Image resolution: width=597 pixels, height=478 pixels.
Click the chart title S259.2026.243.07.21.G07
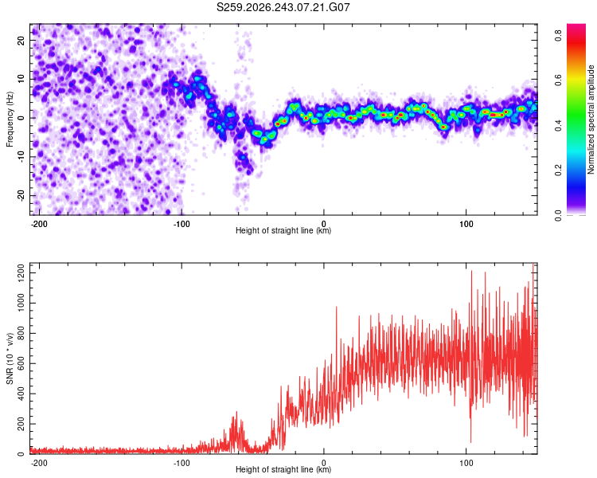tap(283, 7)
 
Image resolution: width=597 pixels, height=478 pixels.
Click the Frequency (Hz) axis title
tap(10, 119)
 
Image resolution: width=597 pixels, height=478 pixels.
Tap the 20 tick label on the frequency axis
tap(21, 41)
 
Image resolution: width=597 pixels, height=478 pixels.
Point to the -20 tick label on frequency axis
tap(21, 196)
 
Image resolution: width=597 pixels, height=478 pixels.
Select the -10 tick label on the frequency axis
tap(21, 157)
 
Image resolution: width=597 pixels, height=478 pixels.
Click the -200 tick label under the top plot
tap(39, 224)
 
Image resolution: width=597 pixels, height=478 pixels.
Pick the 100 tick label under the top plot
tap(466, 224)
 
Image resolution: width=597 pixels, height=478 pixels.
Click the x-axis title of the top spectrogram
tap(283, 230)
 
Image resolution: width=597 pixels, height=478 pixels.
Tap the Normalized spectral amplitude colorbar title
tap(591, 119)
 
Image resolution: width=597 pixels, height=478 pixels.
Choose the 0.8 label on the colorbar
tap(558, 36)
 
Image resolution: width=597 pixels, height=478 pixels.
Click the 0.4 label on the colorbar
tap(558, 125)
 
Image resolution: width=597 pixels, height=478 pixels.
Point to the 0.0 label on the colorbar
tap(558, 215)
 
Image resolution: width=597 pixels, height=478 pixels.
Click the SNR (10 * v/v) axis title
tap(10, 358)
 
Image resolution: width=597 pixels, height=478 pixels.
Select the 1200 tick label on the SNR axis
tap(21, 273)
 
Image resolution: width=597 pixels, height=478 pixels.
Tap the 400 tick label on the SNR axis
tap(21, 394)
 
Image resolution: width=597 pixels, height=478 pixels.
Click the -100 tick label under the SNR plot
tap(181, 463)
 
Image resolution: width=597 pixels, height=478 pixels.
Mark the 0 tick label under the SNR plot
tap(324, 463)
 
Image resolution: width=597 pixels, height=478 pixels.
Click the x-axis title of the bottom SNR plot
tap(283, 469)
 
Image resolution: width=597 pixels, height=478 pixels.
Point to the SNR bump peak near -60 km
tap(236, 412)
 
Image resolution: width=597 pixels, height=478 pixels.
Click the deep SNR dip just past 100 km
tap(471, 442)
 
